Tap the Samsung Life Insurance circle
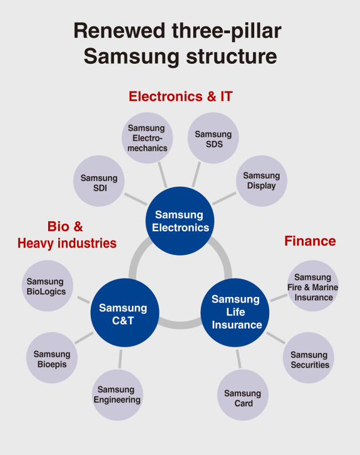(x=235, y=312)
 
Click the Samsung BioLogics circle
(x=46, y=286)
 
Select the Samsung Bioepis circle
(x=52, y=359)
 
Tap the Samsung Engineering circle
(x=117, y=395)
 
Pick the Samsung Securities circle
(x=310, y=359)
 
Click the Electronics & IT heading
(x=181, y=96)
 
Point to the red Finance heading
(x=310, y=241)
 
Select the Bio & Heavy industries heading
(x=66, y=235)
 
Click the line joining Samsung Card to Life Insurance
(x=239, y=359)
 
